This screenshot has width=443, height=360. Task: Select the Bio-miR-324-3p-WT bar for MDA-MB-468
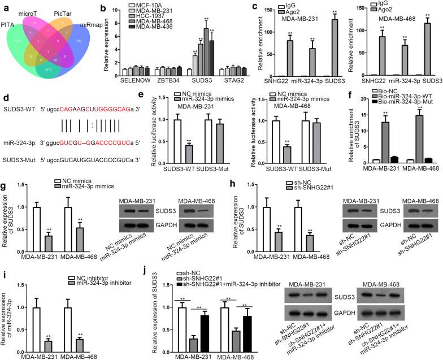[420, 136]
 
